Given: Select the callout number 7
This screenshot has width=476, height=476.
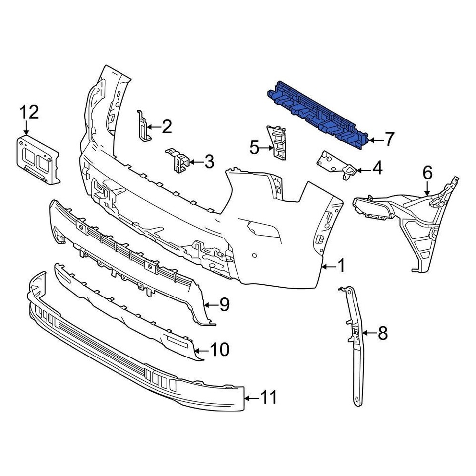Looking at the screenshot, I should (389, 140).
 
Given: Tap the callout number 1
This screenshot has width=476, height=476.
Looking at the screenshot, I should (341, 267).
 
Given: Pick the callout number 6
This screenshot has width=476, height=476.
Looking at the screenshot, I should (427, 173).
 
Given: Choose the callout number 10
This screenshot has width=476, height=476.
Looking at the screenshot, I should (220, 350).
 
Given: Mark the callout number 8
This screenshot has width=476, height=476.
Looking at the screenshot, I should (382, 333).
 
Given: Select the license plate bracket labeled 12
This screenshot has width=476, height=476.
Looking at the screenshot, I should (36, 158).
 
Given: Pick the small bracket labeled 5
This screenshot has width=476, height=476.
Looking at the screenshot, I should (277, 142).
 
